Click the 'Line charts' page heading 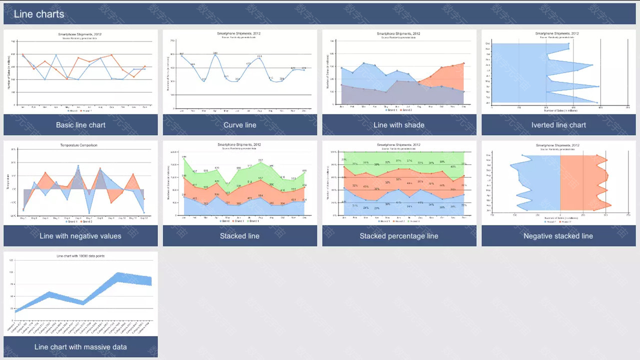coord(39,14)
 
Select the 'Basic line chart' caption coord(80,125)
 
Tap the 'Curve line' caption coord(240,125)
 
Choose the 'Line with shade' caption coord(399,125)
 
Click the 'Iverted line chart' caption coord(558,125)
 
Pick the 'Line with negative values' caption coord(80,236)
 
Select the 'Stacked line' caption coord(240,236)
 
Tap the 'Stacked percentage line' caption coord(399,236)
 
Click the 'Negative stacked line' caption coord(558,236)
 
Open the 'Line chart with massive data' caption coord(80,347)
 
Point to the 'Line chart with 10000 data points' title coord(80,256)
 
